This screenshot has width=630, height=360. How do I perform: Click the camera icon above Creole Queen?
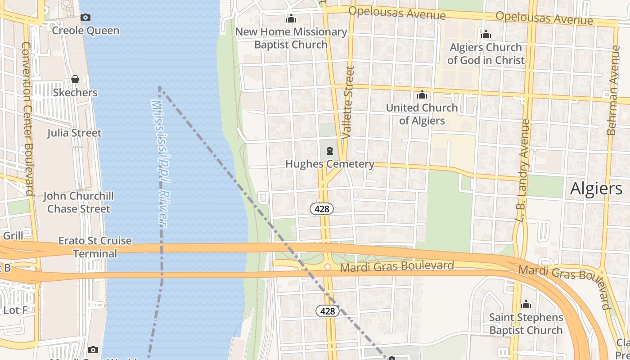click(85, 18)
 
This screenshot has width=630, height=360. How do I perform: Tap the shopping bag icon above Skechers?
click(75, 79)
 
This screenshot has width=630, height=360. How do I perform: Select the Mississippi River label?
click(159, 163)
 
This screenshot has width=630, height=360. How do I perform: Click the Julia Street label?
click(74, 133)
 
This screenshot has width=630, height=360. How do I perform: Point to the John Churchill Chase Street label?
click(79, 202)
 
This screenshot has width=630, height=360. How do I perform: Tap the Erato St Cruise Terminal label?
click(95, 247)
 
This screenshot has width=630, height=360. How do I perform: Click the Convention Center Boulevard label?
click(28, 119)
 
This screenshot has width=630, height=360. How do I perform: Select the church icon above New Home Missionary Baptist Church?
click(291, 19)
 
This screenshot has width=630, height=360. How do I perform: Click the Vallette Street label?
click(348, 102)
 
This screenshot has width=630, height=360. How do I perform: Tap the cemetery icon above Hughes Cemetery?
click(330, 150)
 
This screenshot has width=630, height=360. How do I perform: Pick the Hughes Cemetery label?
click(330, 164)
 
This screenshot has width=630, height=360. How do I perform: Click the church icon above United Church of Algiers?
click(422, 94)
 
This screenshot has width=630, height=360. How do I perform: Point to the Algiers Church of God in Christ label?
click(486, 54)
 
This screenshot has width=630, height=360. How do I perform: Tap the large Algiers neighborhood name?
click(596, 189)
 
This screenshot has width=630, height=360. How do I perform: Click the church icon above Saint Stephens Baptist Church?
click(526, 305)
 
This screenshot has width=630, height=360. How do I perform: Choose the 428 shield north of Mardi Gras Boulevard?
click(322, 209)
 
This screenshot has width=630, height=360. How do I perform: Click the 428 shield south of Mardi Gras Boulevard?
click(328, 311)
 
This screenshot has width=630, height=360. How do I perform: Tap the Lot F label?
click(16, 310)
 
